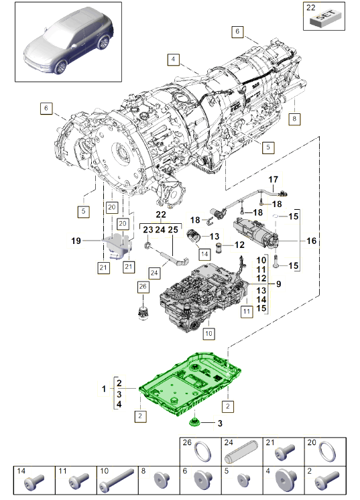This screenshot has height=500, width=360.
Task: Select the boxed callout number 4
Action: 174,60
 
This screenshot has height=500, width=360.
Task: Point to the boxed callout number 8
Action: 292,119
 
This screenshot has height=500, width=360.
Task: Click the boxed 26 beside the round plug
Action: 142,288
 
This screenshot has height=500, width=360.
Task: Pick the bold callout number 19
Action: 76,239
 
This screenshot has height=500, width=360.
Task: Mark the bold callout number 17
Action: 274,180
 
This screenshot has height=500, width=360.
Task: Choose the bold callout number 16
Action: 311,241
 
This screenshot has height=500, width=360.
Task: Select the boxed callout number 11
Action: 247,312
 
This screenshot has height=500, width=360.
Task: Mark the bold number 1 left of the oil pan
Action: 104,389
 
